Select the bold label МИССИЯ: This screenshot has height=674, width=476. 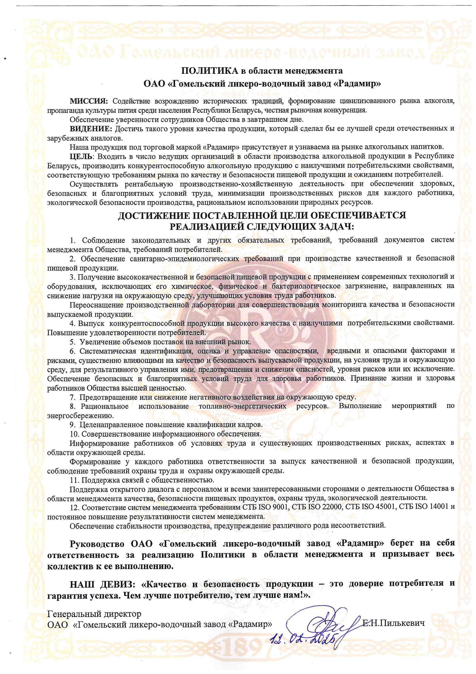(89, 101)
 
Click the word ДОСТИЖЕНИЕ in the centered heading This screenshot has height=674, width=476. (154, 216)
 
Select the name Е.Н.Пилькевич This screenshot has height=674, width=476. (393, 623)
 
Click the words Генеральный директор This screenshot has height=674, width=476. (94, 614)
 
